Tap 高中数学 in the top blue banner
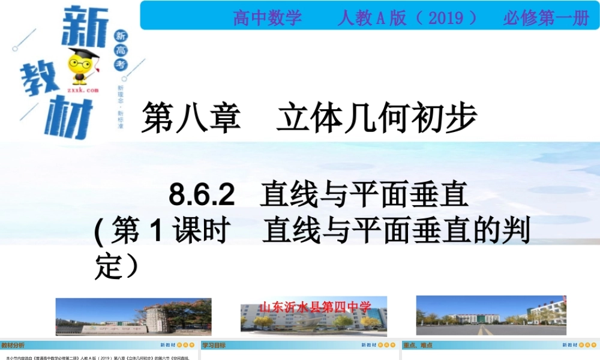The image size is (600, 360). [268, 18]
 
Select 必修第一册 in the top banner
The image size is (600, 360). [546, 18]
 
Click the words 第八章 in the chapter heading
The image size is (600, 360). [190, 118]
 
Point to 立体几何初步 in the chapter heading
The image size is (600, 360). [377, 118]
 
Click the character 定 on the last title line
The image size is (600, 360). [109, 267]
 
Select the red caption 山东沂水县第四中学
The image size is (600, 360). [315, 307]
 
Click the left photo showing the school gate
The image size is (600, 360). [133, 316]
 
